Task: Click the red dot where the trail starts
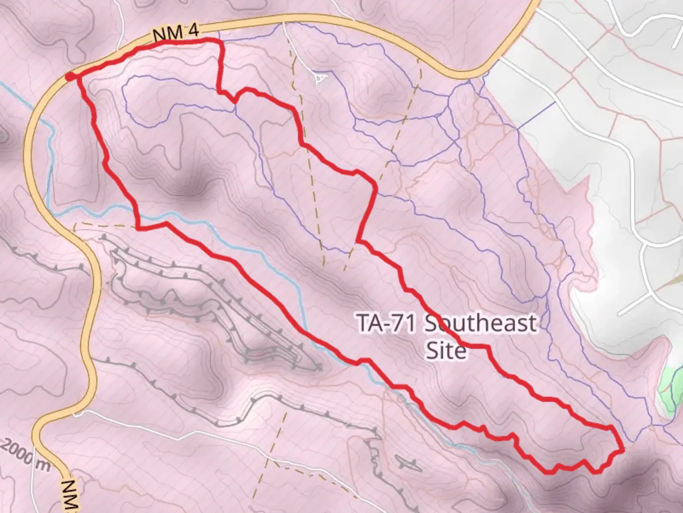pyautogui.click(x=70, y=77)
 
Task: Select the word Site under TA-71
pyautogui.click(x=445, y=351)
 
